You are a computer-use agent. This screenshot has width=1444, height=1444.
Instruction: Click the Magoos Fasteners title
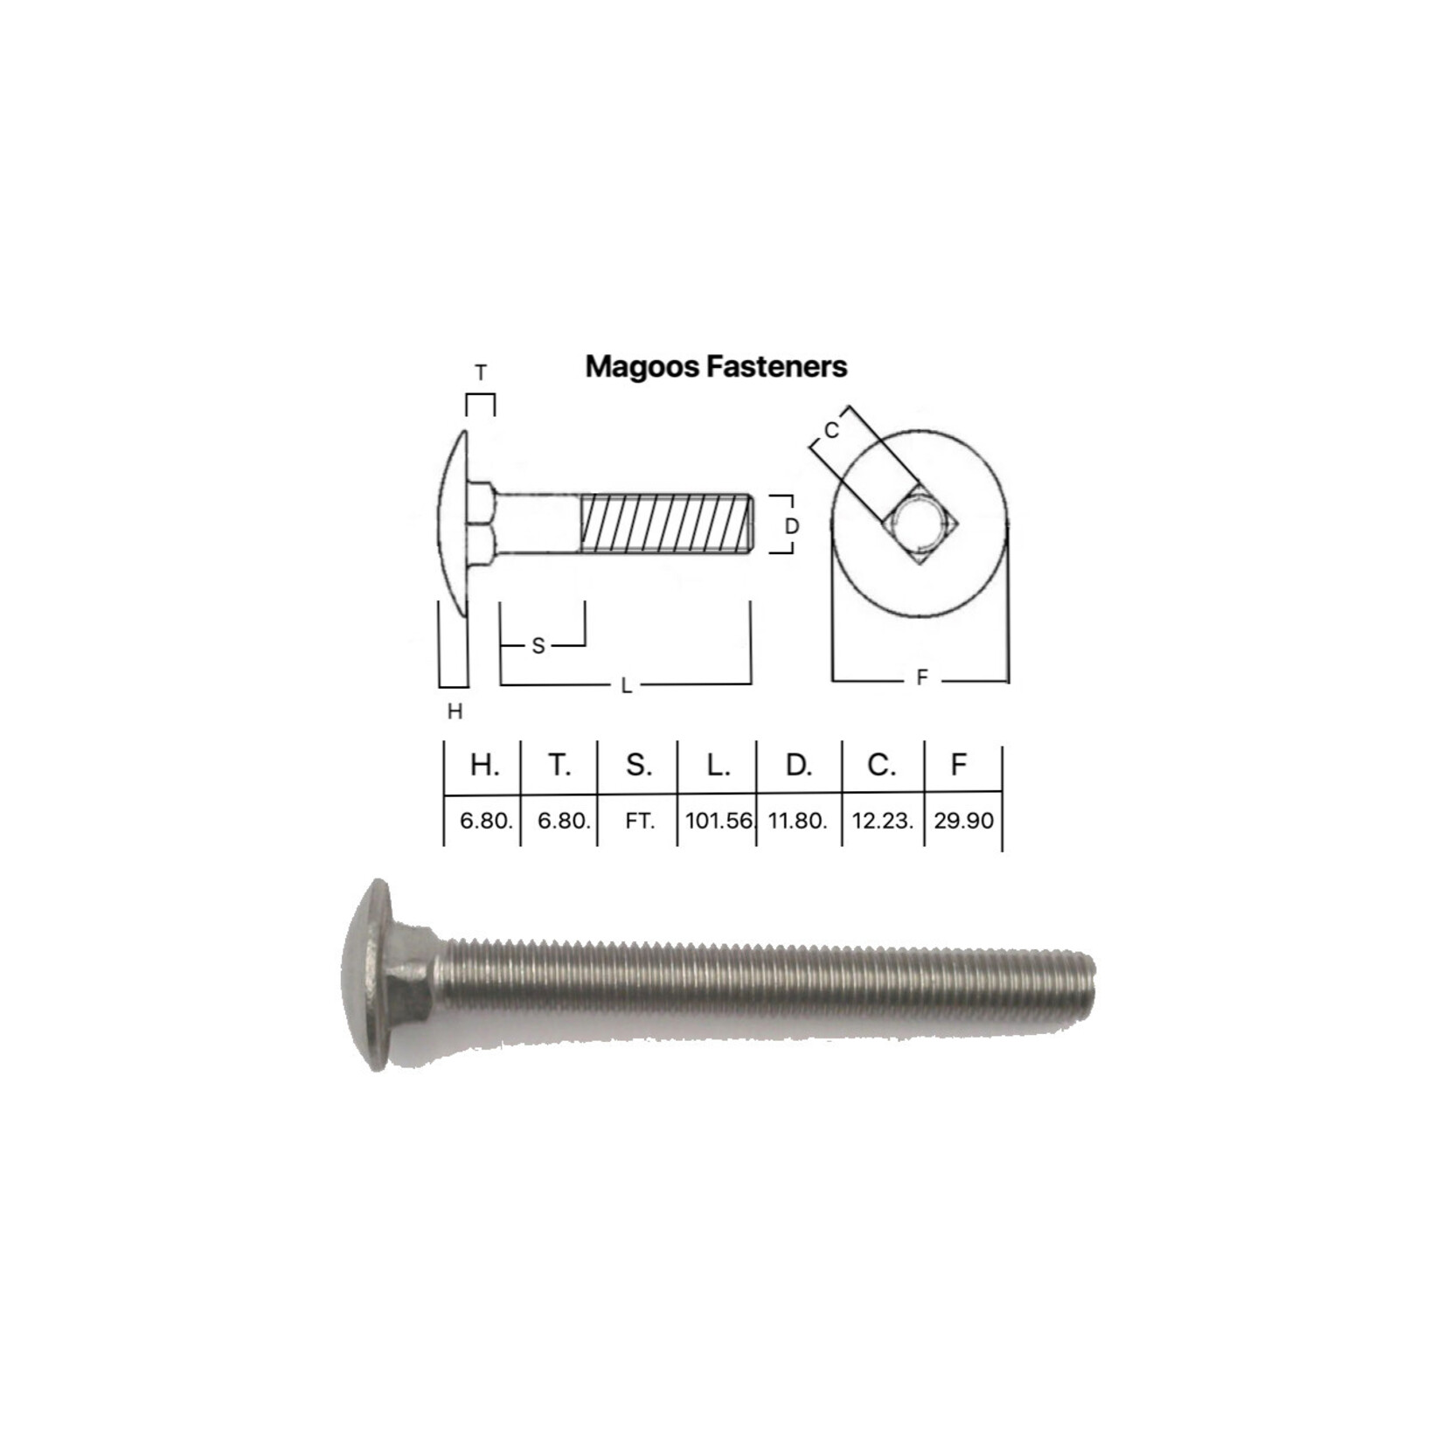tap(716, 366)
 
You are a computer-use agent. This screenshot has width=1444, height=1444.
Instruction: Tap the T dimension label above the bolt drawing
tap(480, 373)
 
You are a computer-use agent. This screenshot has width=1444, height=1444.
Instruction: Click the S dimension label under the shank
tap(538, 646)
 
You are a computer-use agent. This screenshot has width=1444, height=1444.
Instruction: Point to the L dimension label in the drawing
tap(626, 686)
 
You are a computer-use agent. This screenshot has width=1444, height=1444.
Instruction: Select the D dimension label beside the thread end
tap(792, 526)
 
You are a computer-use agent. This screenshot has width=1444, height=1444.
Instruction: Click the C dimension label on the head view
tap(831, 430)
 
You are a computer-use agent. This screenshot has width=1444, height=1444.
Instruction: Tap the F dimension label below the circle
tap(921, 677)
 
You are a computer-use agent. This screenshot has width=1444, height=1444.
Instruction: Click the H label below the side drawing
tap(455, 712)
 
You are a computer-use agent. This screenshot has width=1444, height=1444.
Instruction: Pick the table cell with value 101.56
tap(719, 821)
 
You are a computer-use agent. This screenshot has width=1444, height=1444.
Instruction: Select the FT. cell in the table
tap(640, 822)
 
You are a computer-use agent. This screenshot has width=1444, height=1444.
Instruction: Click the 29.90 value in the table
tap(963, 821)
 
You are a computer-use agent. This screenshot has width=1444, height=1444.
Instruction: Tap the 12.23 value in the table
tap(882, 821)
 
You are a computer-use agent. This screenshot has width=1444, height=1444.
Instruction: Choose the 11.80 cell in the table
tap(796, 821)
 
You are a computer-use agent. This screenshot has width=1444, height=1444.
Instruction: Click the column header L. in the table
tap(718, 766)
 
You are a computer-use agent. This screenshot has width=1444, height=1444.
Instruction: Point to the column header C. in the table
tap(881, 766)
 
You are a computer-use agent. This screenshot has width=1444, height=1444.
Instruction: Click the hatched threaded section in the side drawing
tap(664, 523)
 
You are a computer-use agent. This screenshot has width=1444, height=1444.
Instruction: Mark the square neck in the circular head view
tap(920, 525)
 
